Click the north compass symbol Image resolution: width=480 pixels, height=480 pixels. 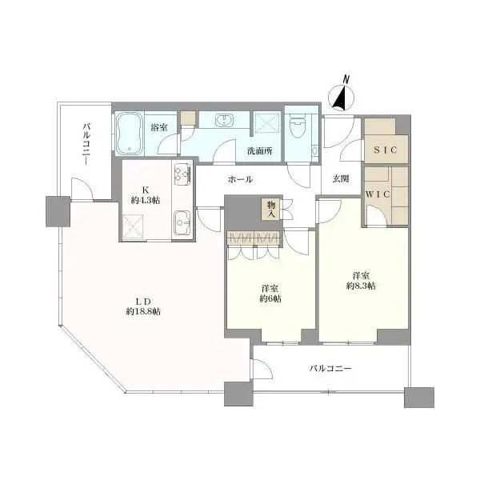(x=341, y=98)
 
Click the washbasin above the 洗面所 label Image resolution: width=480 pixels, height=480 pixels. (x=224, y=119)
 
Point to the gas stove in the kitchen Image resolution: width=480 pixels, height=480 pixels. (x=182, y=174)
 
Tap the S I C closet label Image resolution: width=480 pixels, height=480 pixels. (x=386, y=150)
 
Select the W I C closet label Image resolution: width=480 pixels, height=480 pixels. (x=378, y=194)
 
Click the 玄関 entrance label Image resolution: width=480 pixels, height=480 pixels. (x=341, y=178)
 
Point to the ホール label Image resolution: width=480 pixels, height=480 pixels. (x=240, y=179)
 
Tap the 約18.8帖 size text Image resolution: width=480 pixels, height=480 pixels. (x=143, y=312)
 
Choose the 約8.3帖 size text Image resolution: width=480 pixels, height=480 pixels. (x=362, y=286)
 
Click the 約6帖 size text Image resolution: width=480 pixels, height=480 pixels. (x=270, y=298)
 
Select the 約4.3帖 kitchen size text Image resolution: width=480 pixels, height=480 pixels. (x=145, y=201)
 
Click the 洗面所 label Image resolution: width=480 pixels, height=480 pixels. (x=259, y=151)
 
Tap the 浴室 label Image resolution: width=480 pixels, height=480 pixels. (x=159, y=127)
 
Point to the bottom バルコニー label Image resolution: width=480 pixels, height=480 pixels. (x=330, y=368)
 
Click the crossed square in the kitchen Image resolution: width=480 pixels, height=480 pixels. (x=133, y=226)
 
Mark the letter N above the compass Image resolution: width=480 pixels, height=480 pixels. (x=346, y=79)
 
